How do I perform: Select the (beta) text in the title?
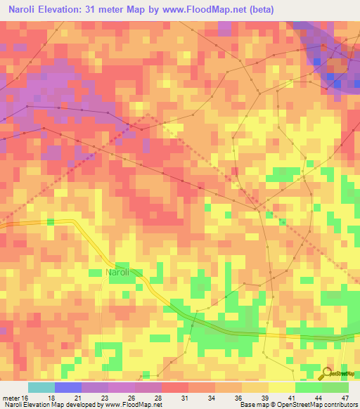coord(259,10)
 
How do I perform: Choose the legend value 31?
coord(185,398)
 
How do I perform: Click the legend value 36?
coord(238,398)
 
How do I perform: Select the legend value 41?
coord(292,398)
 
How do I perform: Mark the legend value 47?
coord(345,398)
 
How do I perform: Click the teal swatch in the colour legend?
coord(41,387)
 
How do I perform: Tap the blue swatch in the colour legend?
coord(68,387)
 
